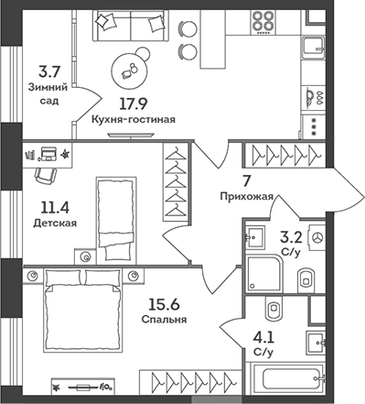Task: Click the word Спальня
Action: coord(164,320)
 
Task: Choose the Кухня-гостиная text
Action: coord(134,119)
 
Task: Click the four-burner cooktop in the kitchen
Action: coord(263,22)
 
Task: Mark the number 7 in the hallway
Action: coord(245,179)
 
